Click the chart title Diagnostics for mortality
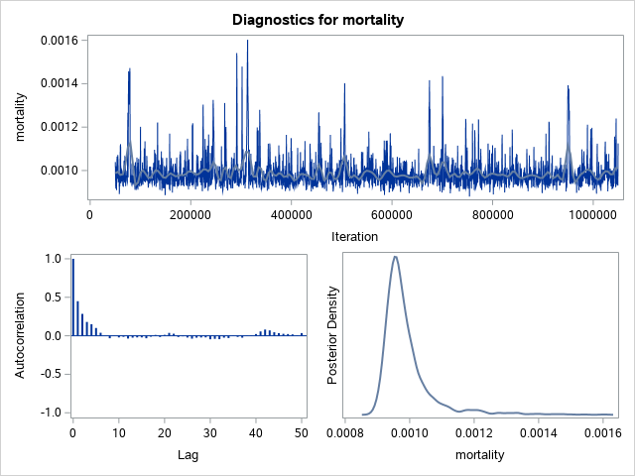click(317, 19)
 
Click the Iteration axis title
click(353, 236)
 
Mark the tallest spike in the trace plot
click(247, 42)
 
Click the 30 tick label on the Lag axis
click(209, 433)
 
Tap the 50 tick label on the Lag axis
click(301, 433)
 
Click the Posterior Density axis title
click(334, 334)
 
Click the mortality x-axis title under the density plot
click(478, 455)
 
